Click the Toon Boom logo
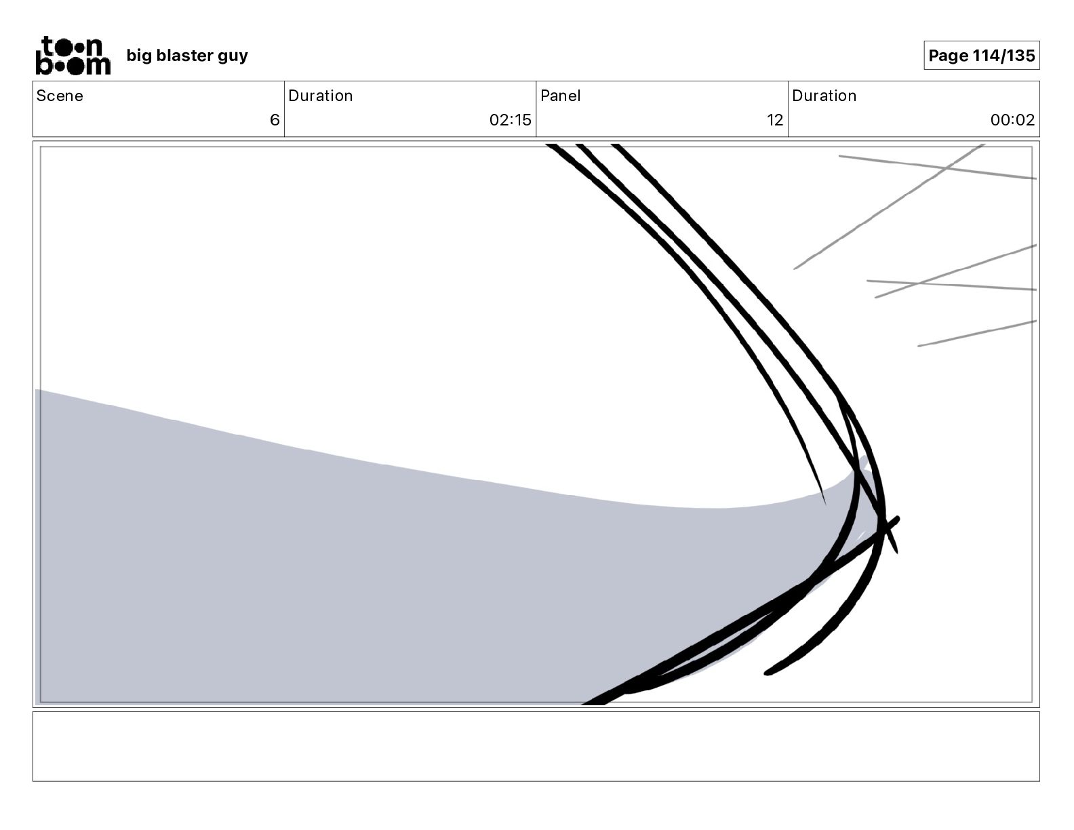coord(73,55)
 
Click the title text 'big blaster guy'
coord(187,56)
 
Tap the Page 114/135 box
coord(981,56)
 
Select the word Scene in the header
coord(60,96)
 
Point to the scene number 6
coord(275,120)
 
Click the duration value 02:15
coord(510,120)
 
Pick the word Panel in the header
coord(561,96)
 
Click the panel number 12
coord(775,120)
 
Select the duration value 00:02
coord(1012,120)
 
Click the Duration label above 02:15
coord(321,96)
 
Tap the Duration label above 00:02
coord(824,96)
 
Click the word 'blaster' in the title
coord(183,56)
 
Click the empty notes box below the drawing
coord(536,746)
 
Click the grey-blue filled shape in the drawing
coord(339,576)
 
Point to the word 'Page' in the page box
coord(948,56)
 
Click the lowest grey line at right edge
coord(976,334)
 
